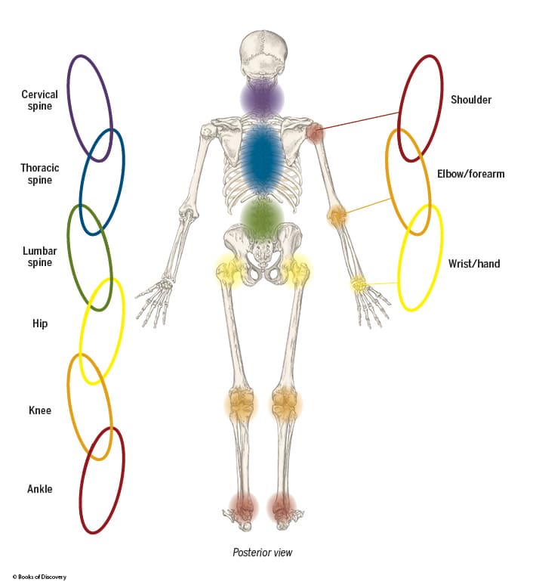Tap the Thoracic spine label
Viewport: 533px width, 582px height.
(40, 174)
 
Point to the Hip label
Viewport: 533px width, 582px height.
(40, 324)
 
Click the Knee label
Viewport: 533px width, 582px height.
(40, 410)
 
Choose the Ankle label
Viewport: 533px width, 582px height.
(40, 489)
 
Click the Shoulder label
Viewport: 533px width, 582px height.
(471, 99)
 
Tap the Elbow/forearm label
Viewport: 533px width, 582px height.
(470, 174)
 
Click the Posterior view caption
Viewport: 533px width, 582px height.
(262, 553)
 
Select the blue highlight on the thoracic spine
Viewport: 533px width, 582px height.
(262, 159)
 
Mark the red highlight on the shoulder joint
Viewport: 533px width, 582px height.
(315, 133)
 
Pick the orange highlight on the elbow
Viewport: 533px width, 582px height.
(337, 218)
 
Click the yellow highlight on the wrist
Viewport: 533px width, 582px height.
(359, 284)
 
